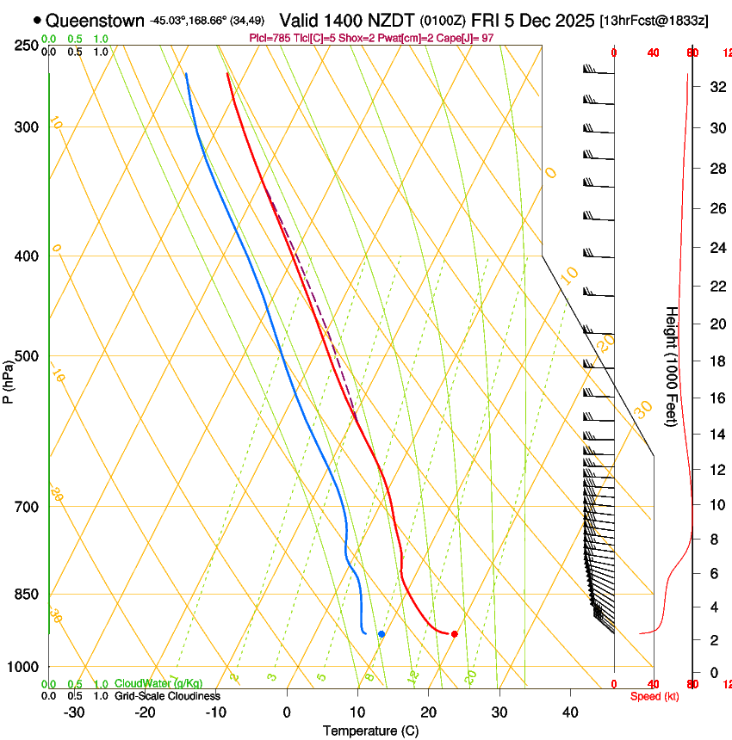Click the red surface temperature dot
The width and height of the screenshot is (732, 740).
(x=454, y=634)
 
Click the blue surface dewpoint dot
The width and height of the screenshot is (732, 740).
(x=382, y=634)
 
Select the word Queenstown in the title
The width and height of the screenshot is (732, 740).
(x=95, y=20)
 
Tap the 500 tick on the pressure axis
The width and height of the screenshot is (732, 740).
(x=27, y=356)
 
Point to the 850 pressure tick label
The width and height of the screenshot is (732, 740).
(x=27, y=595)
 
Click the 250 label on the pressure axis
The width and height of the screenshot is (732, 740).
(x=27, y=45)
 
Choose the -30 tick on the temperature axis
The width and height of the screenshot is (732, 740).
(x=74, y=712)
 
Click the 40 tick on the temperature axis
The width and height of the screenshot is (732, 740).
(x=569, y=712)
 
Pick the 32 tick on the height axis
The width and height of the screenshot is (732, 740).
(x=716, y=87)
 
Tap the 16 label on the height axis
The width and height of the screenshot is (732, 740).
(x=716, y=398)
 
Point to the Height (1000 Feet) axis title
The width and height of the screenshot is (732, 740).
(x=672, y=367)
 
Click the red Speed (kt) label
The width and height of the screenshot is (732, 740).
(x=654, y=696)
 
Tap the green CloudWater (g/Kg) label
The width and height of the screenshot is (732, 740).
(x=158, y=684)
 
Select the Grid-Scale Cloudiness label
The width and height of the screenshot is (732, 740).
(x=167, y=696)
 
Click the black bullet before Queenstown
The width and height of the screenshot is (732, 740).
(x=37, y=20)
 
